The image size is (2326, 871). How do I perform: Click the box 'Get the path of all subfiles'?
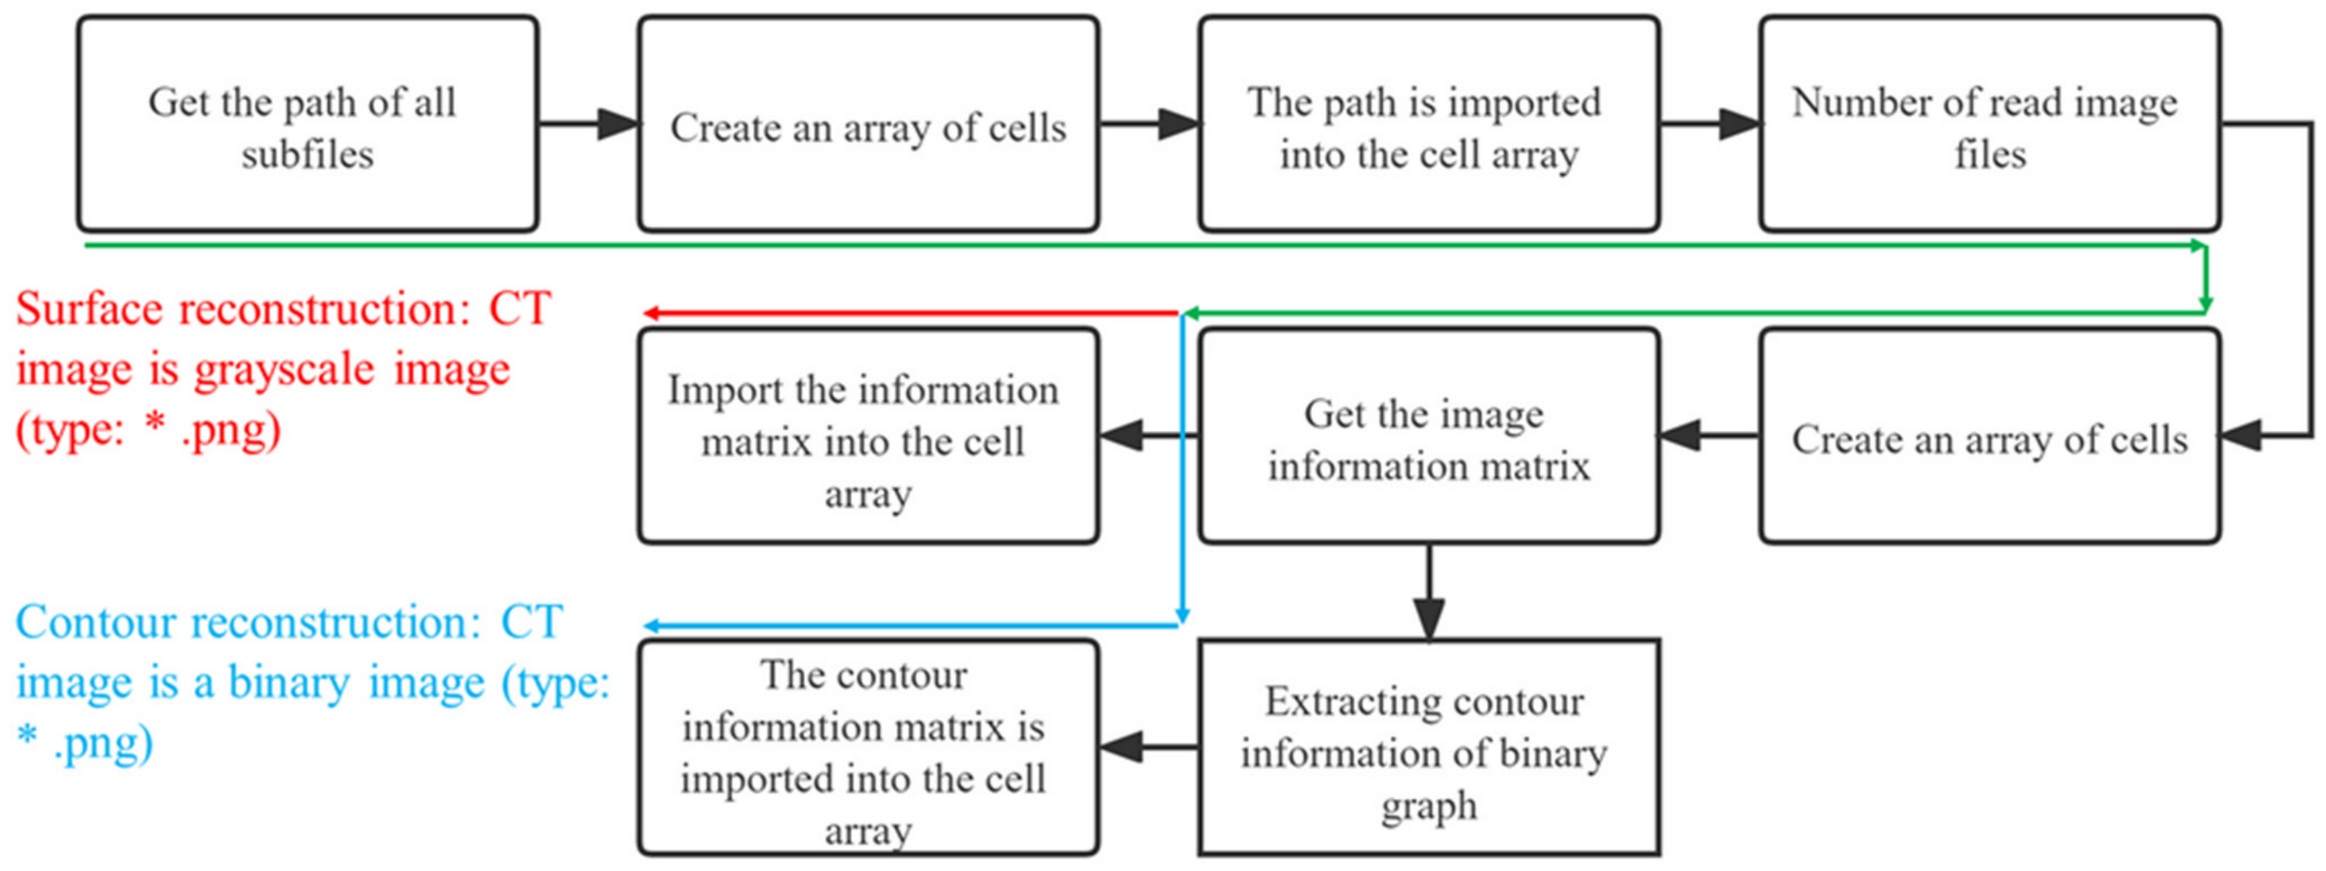pos(307,125)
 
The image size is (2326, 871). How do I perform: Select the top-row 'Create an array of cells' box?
pos(868,125)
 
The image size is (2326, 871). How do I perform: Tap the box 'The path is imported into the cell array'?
pos(1428,125)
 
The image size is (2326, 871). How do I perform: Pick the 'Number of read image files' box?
pos(1989,125)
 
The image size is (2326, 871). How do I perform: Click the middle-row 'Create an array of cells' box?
pos(1989,437)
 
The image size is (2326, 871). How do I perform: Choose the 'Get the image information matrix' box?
pos(1428,437)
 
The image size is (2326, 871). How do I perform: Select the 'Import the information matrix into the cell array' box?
pos(868,437)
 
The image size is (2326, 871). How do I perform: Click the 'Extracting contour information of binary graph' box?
pos(1428,747)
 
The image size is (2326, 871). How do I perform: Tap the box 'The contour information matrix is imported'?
pos(868,747)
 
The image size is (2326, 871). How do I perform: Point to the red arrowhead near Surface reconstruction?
pos(652,313)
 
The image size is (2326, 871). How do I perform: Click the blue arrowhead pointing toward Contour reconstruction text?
pos(652,625)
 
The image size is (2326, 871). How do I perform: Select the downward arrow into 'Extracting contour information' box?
pos(1428,596)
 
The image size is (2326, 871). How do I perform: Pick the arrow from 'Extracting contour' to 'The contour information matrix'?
pos(1147,747)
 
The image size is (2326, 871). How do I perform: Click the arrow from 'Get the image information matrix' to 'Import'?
pos(1147,437)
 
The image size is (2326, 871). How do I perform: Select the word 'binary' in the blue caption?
pos(288,683)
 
